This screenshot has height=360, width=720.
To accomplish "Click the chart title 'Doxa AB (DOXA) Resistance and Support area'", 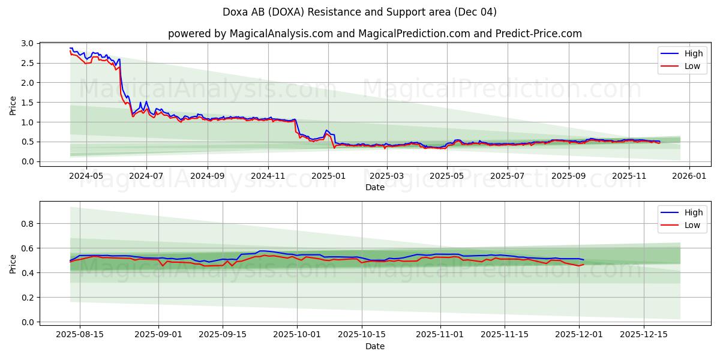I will coord(359,12).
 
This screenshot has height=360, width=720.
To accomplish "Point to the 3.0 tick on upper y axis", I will coord(26,43).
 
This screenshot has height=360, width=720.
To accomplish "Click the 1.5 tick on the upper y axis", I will coord(26,103).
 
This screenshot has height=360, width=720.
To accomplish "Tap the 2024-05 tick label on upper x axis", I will coord(86,176).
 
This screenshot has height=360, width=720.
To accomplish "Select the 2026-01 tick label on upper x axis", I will coord(688,176).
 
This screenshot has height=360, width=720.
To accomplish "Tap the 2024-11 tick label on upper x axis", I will coord(268,176).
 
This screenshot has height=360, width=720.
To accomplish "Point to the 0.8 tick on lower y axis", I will coord(26,224).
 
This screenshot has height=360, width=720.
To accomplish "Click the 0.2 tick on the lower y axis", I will coord(26,298).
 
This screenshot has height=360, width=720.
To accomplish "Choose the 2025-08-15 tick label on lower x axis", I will coord(80,335).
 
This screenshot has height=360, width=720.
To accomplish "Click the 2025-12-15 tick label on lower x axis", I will coord(643,335).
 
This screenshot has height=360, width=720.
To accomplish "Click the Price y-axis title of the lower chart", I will coord(13,263).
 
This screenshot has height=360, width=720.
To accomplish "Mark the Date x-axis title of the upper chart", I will coord(374,187).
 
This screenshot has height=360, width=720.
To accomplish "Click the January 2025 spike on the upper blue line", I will coord(326,130).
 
